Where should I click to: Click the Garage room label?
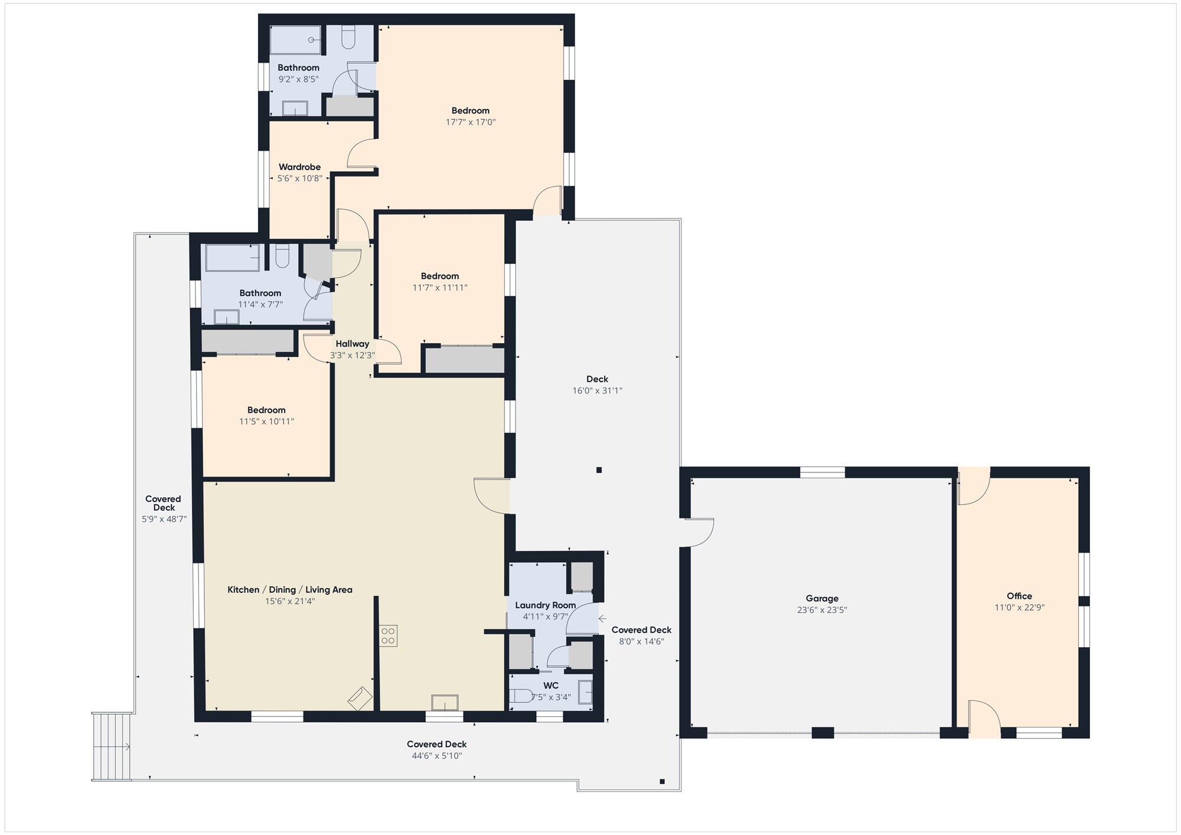click(822, 598)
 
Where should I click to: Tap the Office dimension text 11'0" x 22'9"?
click(1019, 607)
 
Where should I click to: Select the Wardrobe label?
click(299, 167)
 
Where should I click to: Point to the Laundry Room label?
click(545, 605)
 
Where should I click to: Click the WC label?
click(551, 686)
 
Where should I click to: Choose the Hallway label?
click(353, 344)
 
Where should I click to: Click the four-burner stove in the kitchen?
click(389, 636)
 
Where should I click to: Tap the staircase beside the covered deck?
click(111, 747)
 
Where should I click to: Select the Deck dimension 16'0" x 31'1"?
click(598, 390)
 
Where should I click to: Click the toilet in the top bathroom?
click(348, 37)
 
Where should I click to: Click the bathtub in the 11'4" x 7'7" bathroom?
click(232, 258)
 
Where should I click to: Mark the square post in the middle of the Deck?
click(599, 470)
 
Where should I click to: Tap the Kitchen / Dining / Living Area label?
click(290, 590)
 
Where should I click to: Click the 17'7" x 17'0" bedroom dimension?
click(471, 122)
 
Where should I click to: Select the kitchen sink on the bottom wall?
click(444, 703)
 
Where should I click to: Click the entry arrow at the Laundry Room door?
click(602, 619)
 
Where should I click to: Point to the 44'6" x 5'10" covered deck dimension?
click(437, 756)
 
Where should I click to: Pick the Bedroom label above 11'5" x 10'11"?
click(266, 410)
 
